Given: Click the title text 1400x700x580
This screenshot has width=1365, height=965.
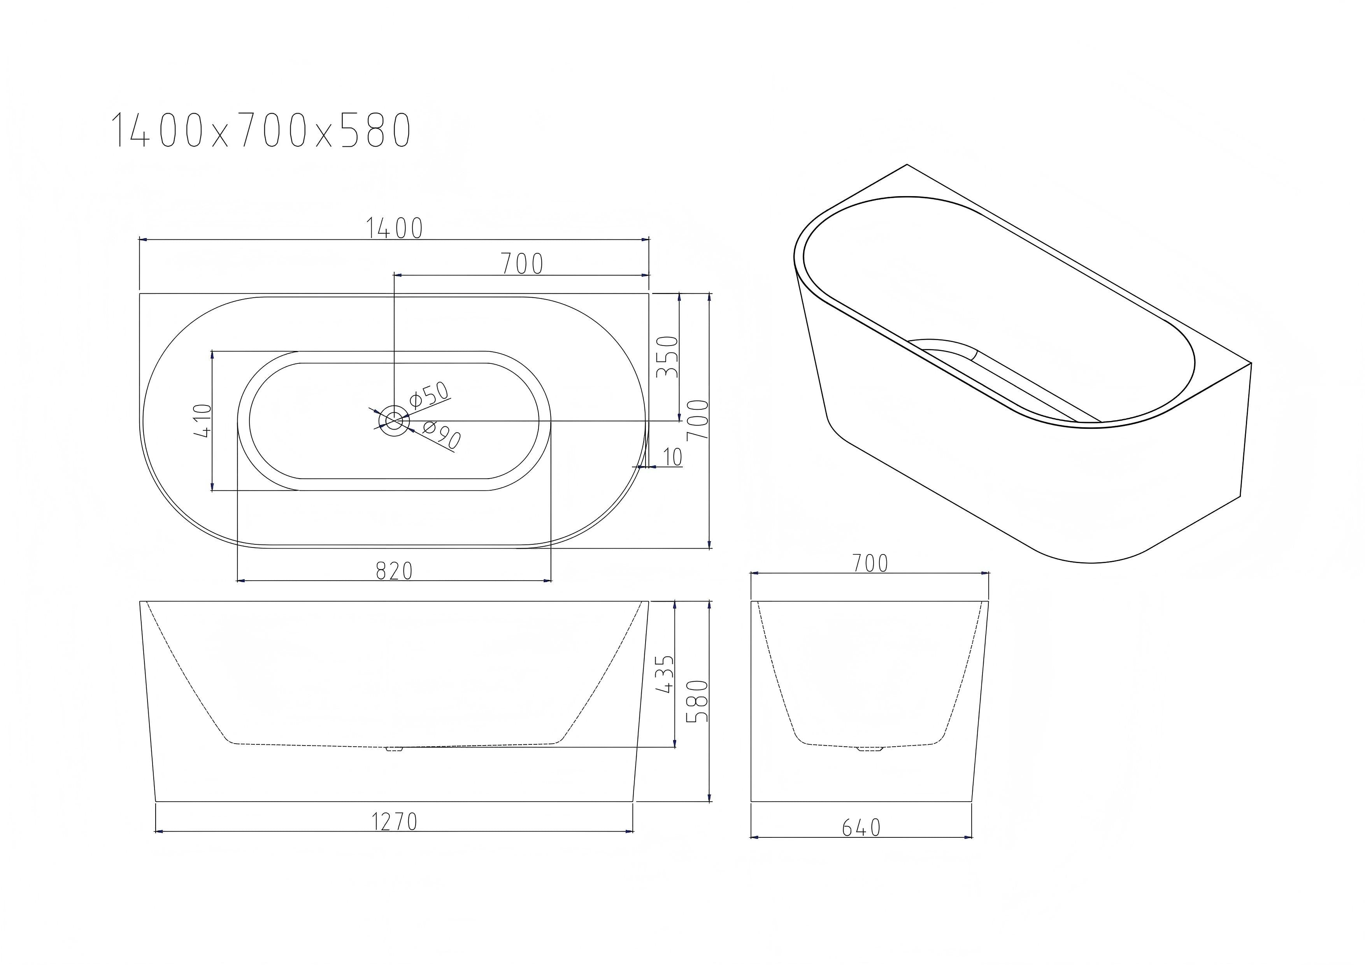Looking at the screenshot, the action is [261, 130].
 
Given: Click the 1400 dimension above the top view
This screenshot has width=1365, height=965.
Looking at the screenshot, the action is [394, 228].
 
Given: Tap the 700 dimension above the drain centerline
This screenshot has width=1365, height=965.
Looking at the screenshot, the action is [522, 264].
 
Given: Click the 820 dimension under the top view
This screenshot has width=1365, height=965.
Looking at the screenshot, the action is [394, 571].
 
